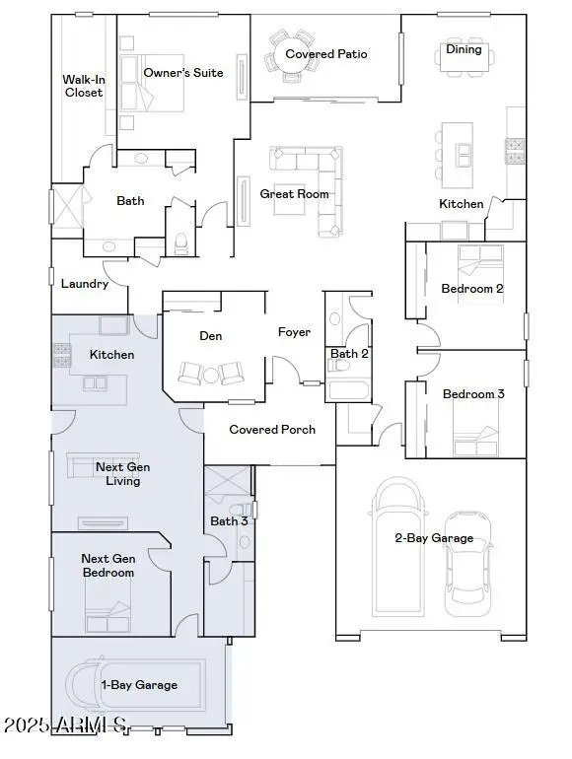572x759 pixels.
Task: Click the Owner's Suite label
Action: point(182,73)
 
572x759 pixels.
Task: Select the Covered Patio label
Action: point(325,54)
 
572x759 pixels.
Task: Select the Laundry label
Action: point(84,284)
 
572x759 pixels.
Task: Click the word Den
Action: point(210,336)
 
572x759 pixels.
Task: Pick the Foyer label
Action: point(294,333)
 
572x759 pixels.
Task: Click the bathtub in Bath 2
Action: point(348,390)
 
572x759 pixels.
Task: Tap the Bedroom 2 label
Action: point(472,289)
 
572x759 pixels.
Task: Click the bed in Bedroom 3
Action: point(473,440)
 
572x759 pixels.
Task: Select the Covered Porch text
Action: point(272,430)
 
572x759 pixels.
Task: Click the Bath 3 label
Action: point(230,520)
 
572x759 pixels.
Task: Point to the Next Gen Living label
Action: point(117,474)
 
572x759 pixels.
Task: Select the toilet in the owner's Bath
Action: point(180,242)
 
